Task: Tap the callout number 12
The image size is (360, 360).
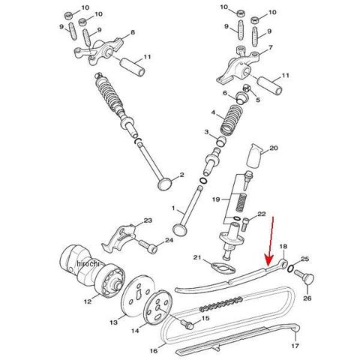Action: click(x=88, y=301)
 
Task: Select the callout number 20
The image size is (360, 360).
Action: click(x=274, y=148)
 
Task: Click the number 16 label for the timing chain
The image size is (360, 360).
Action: click(x=154, y=351)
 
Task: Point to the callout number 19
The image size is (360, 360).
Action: click(x=216, y=199)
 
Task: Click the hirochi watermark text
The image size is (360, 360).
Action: click(x=88, y=263)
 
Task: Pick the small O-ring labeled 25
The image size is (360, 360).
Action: click(x=291, y=268)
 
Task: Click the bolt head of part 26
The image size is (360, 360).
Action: click(x=309, y=278)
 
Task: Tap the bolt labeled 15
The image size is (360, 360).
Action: click(x=187, y=324)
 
